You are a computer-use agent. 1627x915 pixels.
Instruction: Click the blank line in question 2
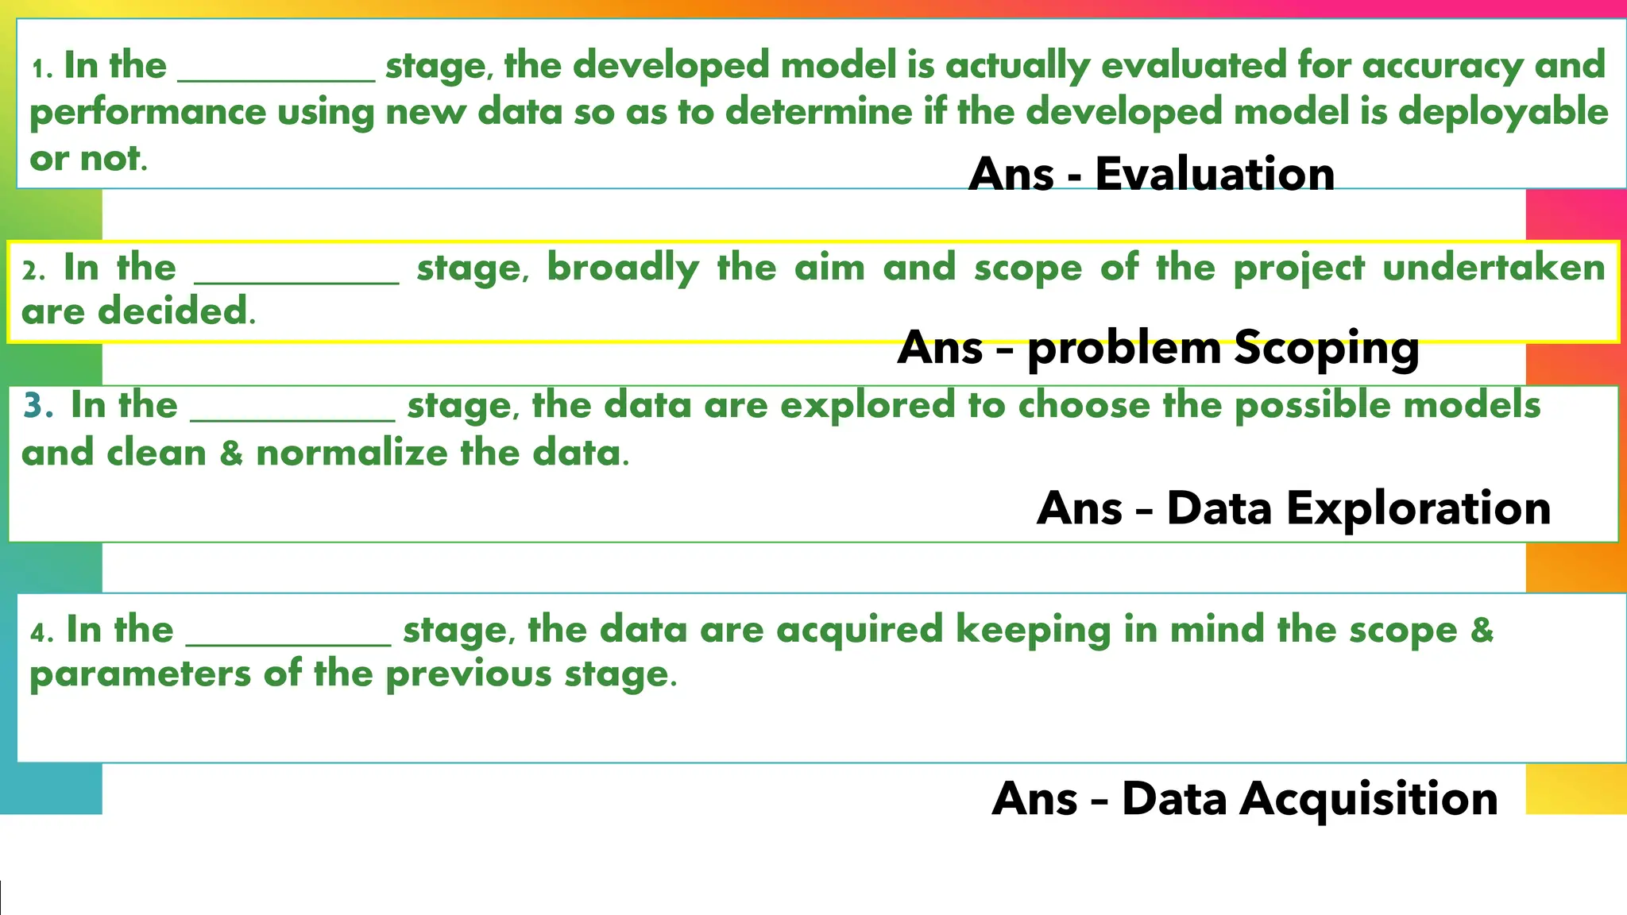point(296,280)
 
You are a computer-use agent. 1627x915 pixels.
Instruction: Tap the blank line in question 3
point(292,418)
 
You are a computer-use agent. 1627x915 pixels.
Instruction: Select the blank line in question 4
point(288,643)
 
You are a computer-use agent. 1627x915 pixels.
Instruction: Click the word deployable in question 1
point(1503,112)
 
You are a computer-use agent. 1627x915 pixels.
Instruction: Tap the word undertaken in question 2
point(1494,268)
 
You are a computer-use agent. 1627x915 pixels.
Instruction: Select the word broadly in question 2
point(622,268)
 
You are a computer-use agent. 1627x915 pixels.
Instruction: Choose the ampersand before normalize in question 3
point(231,454)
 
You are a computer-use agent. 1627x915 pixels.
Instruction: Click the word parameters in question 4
point(140,675)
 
